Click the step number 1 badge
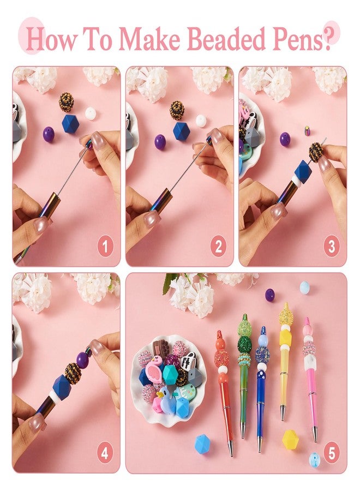click(x=105, y=247)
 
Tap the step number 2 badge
click(x=218, y=247)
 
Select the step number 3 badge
click(x=332, y=247)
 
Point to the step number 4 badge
click(x=105, y=453)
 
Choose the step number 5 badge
click(x=332, y=453)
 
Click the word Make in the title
click(x=152, y=39)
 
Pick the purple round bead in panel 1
click(x=49, y=134)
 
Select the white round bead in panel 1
click(x=90, y=113)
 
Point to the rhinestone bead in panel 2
click(x=177, y=110)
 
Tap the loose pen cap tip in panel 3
click(x=308, y=130)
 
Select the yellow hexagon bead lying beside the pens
click(x=290, y=439)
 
